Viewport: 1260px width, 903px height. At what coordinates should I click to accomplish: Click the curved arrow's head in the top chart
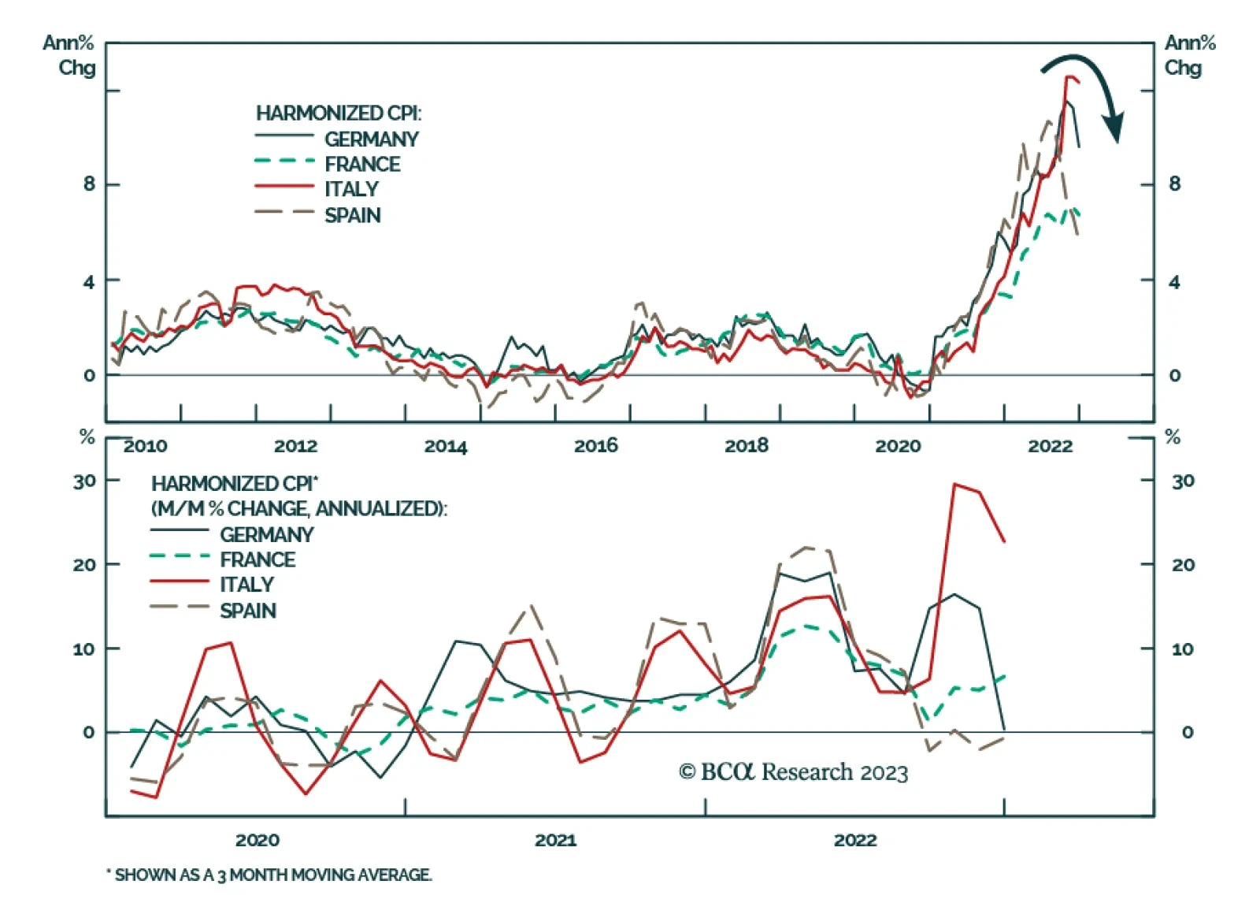(x=1114, y=128)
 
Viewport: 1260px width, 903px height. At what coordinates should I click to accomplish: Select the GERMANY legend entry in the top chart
(x=371, y=139)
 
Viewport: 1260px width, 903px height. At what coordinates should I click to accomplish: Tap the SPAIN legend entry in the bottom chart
(x=248, y=611)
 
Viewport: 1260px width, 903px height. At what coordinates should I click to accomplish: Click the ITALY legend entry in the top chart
(x=351, y=189)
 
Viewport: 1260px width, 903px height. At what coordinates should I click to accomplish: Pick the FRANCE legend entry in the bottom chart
(x=258, y=559)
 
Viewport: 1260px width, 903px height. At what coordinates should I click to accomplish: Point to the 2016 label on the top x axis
(x=596, y=446)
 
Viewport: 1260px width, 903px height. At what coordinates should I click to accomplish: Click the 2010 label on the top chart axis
(x=146, y=446)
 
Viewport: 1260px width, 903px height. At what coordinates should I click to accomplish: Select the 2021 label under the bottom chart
(x=555, y=840)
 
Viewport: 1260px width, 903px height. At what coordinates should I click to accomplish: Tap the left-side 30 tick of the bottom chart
(x=84, y=481)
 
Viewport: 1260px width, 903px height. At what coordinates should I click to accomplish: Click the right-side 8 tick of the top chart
(x=1174, y=184)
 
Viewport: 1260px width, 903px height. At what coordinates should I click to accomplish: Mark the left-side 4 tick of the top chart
(x=89, y=281)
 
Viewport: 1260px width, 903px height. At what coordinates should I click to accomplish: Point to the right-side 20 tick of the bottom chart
(x=1183, y=565)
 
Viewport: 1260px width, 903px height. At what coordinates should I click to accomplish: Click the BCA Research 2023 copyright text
(x=793, y=772)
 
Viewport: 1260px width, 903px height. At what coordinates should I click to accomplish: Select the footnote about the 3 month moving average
(x=269, y=875)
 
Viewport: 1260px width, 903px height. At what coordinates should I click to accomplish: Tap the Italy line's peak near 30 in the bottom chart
(x=954, y=484)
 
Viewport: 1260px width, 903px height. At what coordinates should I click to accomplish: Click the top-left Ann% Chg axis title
(x=71, y=55)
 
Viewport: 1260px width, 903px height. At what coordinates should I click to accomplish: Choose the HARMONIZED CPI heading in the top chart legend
(x=339, y=113)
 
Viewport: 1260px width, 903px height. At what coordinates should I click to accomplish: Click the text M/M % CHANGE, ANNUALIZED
(x=299, y=509)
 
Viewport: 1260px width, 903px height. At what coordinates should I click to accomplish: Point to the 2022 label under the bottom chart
(x=855, y=840)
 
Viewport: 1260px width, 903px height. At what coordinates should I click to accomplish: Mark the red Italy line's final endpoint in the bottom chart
(x=1004, y=541)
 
